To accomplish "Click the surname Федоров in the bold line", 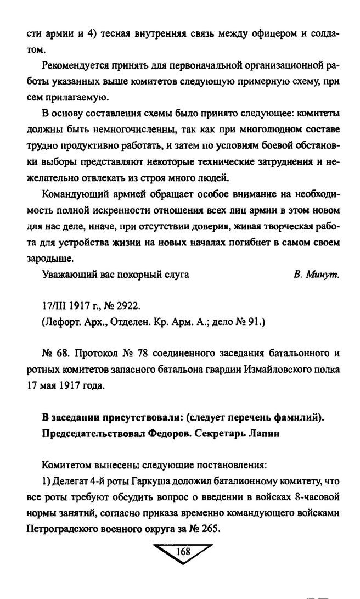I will pyautogui.click(x=172, y=432).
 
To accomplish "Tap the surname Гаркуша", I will pyautogui.click(x=145, y=482).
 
